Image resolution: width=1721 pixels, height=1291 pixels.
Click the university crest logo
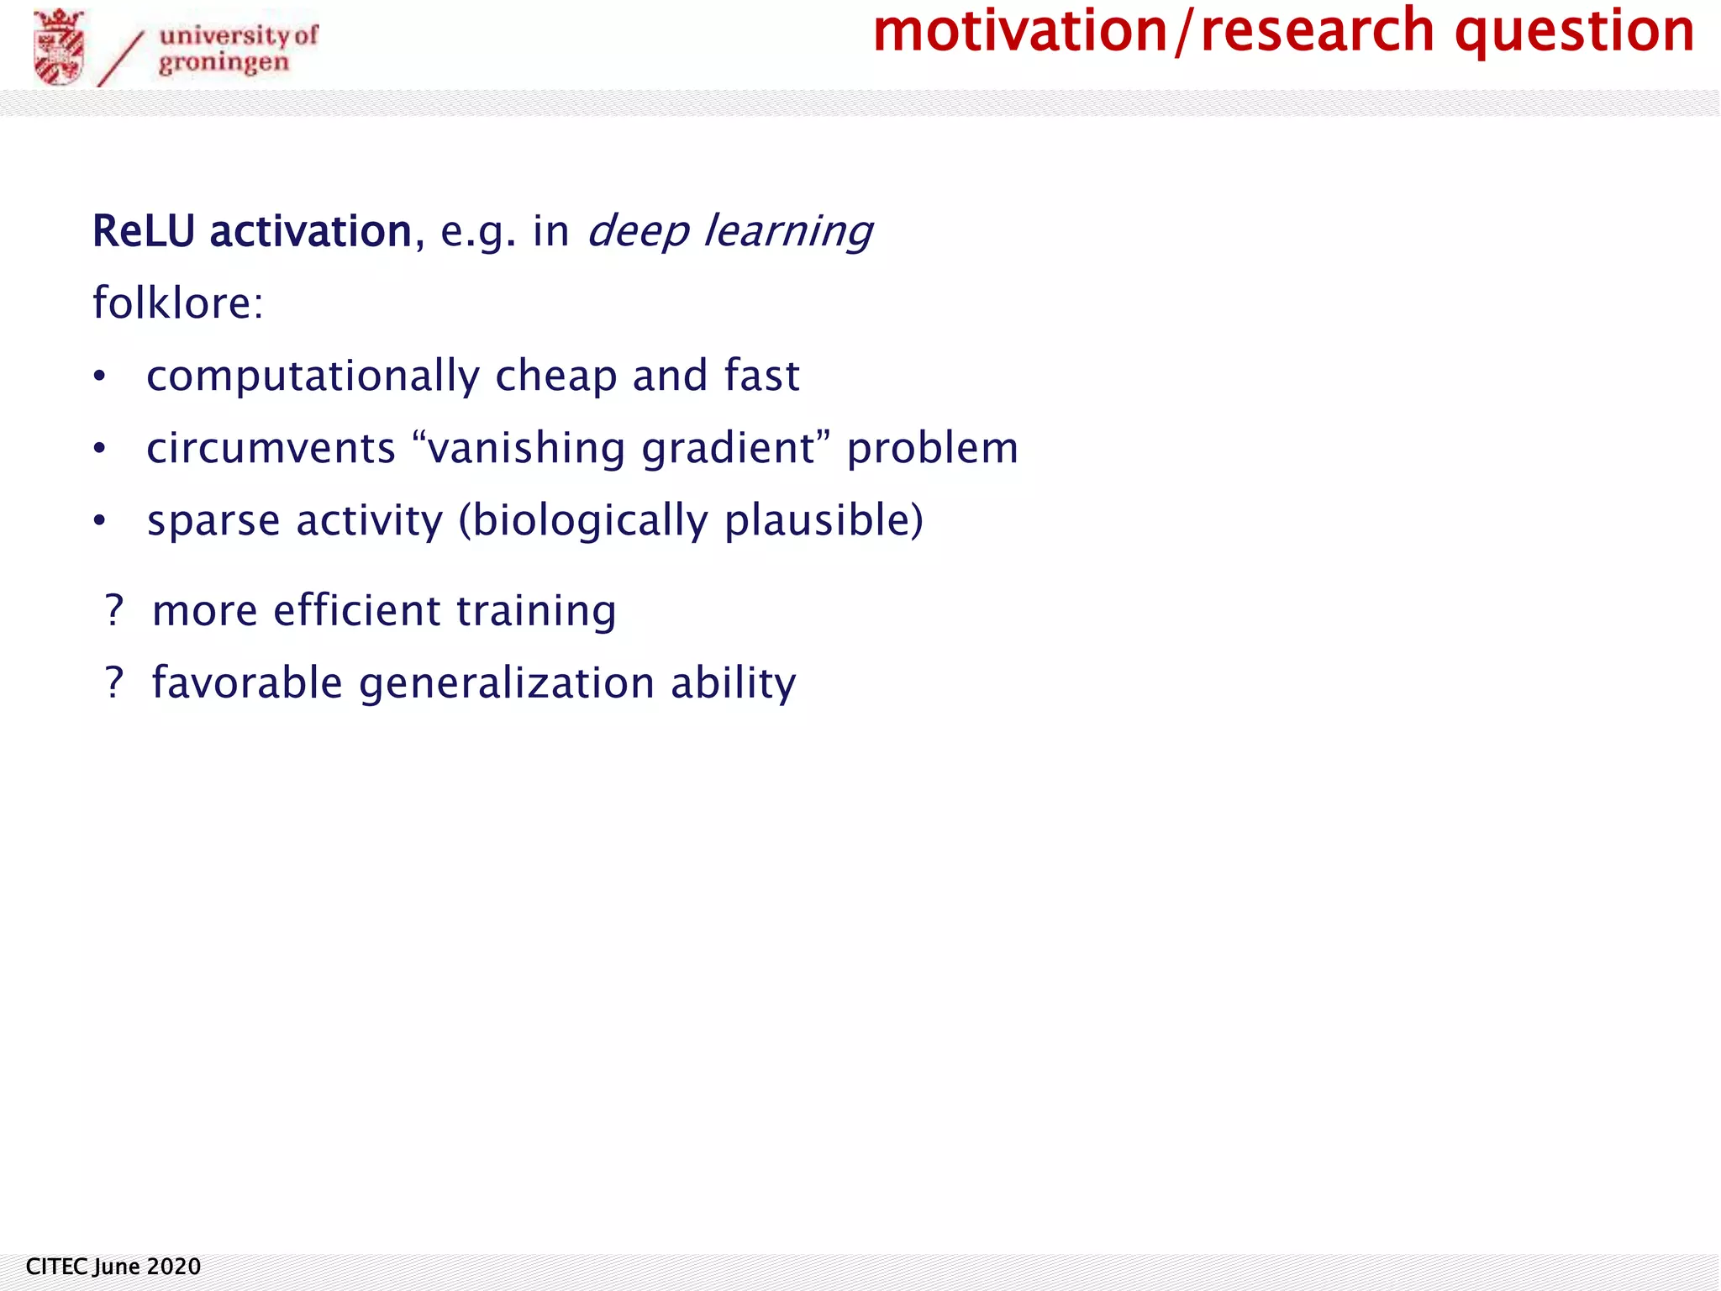click(59, 48)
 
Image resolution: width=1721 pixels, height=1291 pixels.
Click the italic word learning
click(788, 231)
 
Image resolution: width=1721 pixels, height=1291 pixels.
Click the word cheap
click(555, 376)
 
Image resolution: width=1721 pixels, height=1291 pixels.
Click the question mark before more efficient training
click(114, 609)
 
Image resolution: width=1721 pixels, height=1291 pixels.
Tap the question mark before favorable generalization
click(114, 682)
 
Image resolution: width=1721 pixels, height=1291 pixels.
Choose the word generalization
click(507, 683)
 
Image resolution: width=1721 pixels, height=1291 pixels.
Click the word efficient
click(356, 609)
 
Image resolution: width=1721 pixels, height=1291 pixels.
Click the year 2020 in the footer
click(174, 1267)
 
